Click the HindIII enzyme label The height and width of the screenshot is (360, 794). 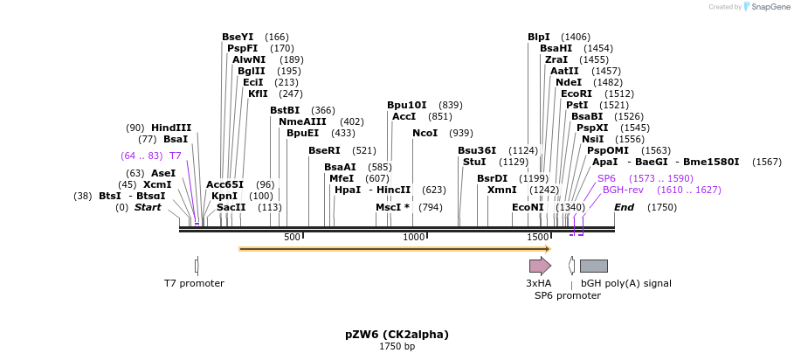pos(171,128)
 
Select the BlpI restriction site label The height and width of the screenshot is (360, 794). pos(539,37)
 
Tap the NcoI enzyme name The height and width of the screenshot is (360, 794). pos(425,133)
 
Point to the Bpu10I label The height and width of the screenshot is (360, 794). pos(407,105)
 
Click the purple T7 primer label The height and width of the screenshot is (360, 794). pos(176,156)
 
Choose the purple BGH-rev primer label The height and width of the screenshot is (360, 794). pos(623,190)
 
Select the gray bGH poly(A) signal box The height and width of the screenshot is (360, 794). pos(593,266)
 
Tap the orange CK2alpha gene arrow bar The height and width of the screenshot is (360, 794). pos(393,249)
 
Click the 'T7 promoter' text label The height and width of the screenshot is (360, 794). pos(194,283)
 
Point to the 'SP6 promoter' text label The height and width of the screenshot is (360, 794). pos(568,295)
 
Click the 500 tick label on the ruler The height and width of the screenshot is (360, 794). pos(292,237)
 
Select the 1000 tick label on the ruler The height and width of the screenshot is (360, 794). pos(413,237)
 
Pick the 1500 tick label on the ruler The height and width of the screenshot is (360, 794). pos(536,237)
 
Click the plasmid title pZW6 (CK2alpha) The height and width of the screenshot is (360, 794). pos(397,334)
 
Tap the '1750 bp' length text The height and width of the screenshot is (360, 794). pos(397,347)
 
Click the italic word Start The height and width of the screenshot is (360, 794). pos(148,207)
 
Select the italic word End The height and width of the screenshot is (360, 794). pos(624,207)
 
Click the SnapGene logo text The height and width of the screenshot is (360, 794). pos(769,7)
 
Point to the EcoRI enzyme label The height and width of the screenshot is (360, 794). pos(577,93)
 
